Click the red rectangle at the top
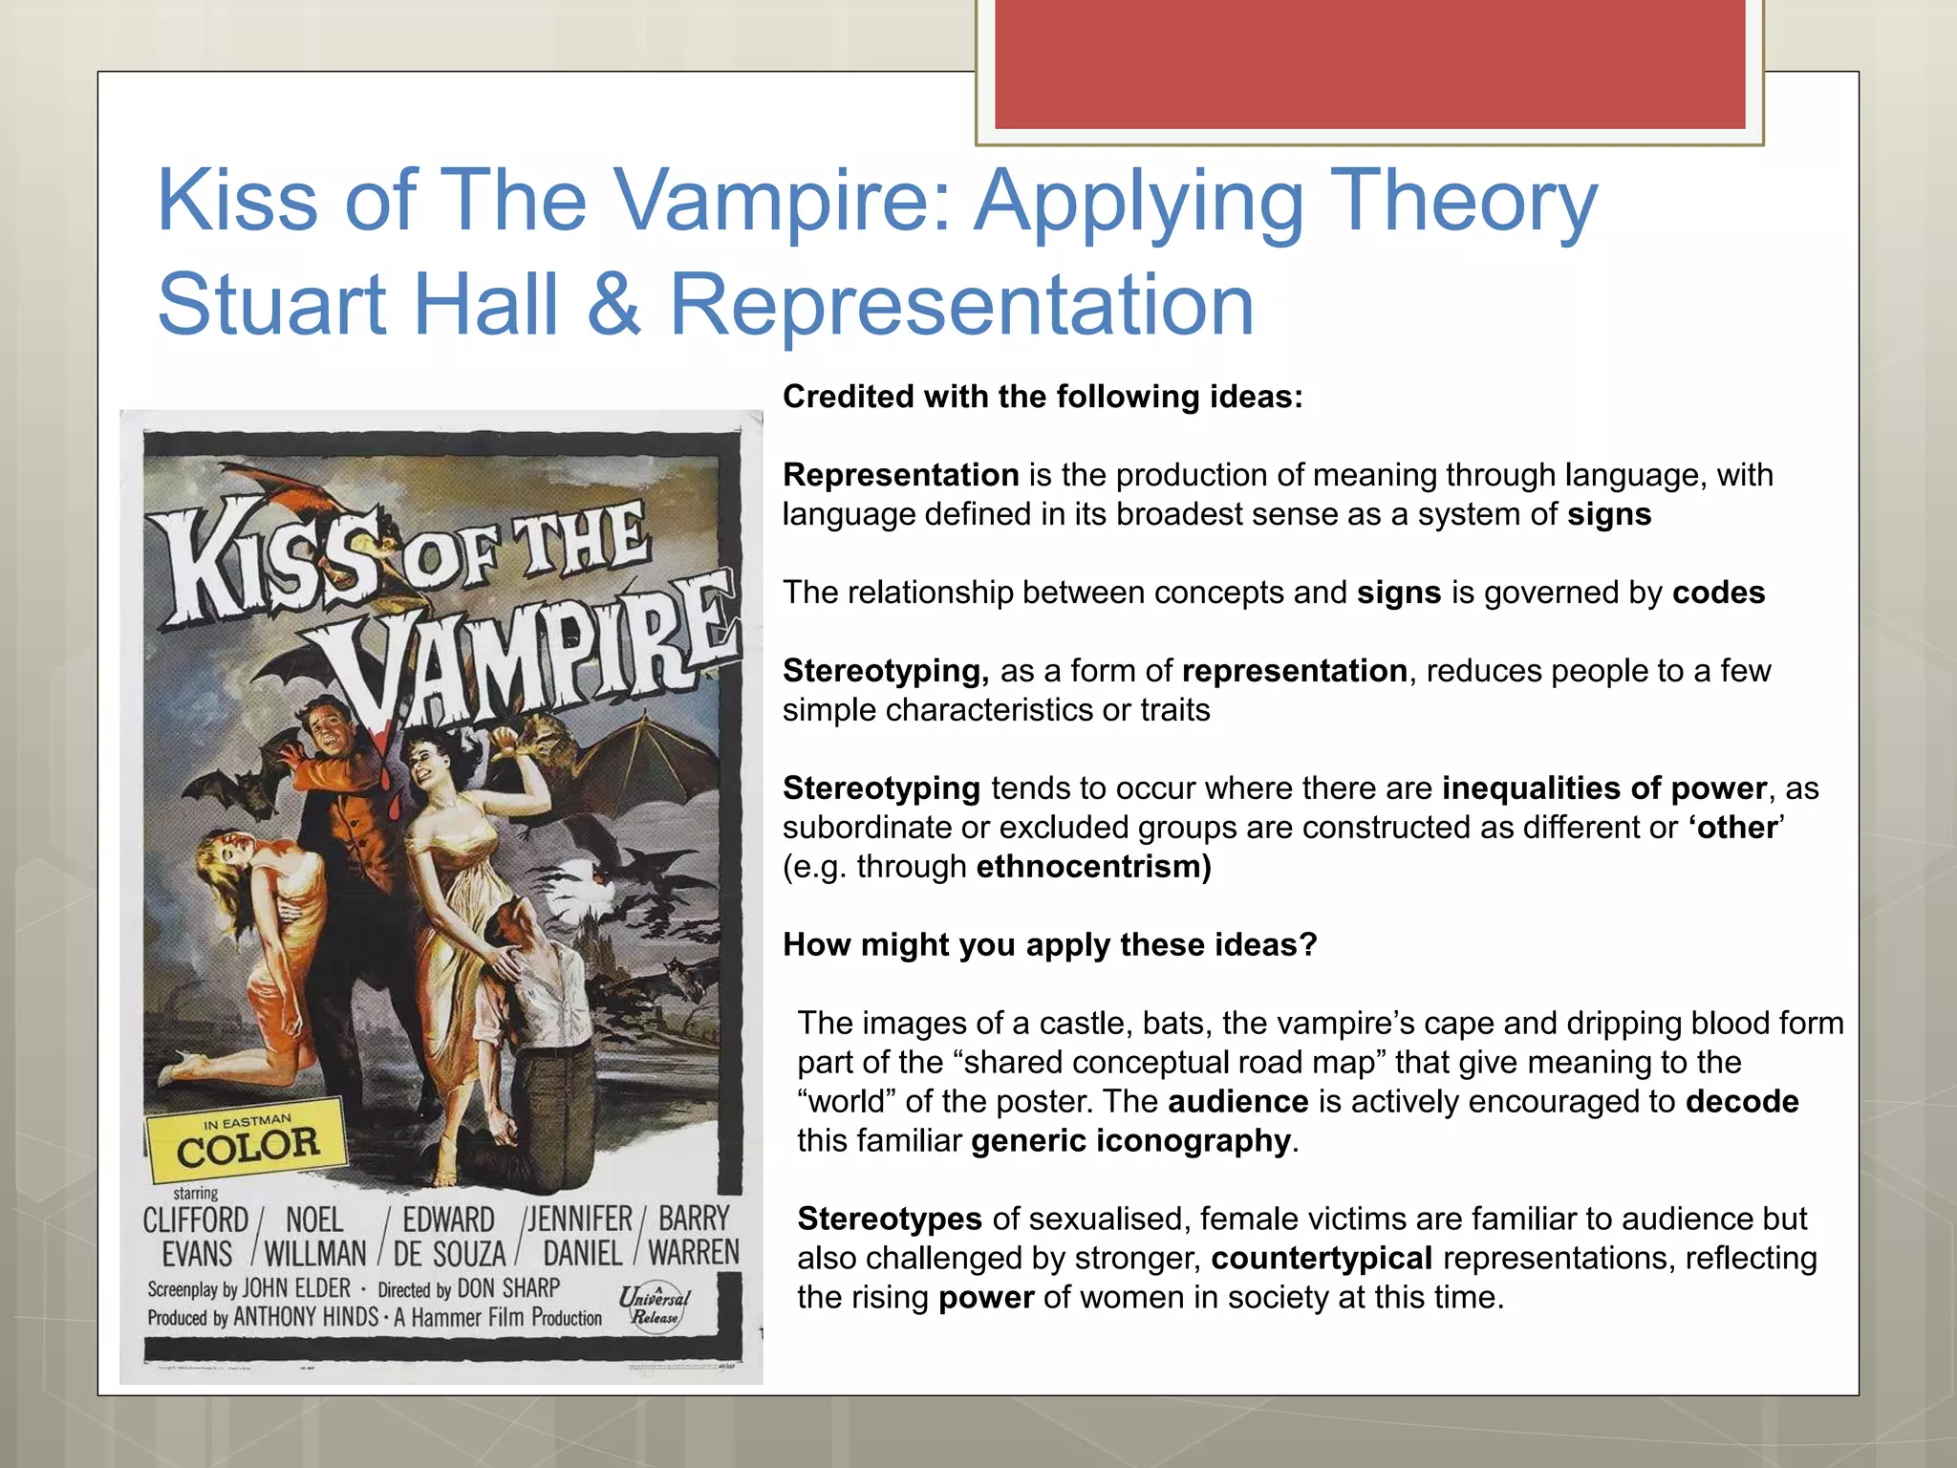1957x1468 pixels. [x=1369, y=64]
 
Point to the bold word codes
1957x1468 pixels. [x=1718, y=593]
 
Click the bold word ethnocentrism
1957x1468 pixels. [x=1093, y=867]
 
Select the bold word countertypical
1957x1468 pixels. [x=1322, y=1259]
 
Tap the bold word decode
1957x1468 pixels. [x=1742, y=1102]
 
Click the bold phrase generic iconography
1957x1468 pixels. [x=1130, y=1141]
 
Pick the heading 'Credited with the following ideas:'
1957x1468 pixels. [x=1043, y=397]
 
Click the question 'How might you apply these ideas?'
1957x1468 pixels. [x=1049, y=945]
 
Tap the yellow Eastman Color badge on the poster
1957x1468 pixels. [x=247, y=1139]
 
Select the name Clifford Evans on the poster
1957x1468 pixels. [x=196, y=1236]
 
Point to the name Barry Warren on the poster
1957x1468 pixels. [x=694, y=1235]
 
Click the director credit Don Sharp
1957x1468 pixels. [x=508, y=1288]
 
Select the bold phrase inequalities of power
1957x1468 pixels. [x=1603, y=788]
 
